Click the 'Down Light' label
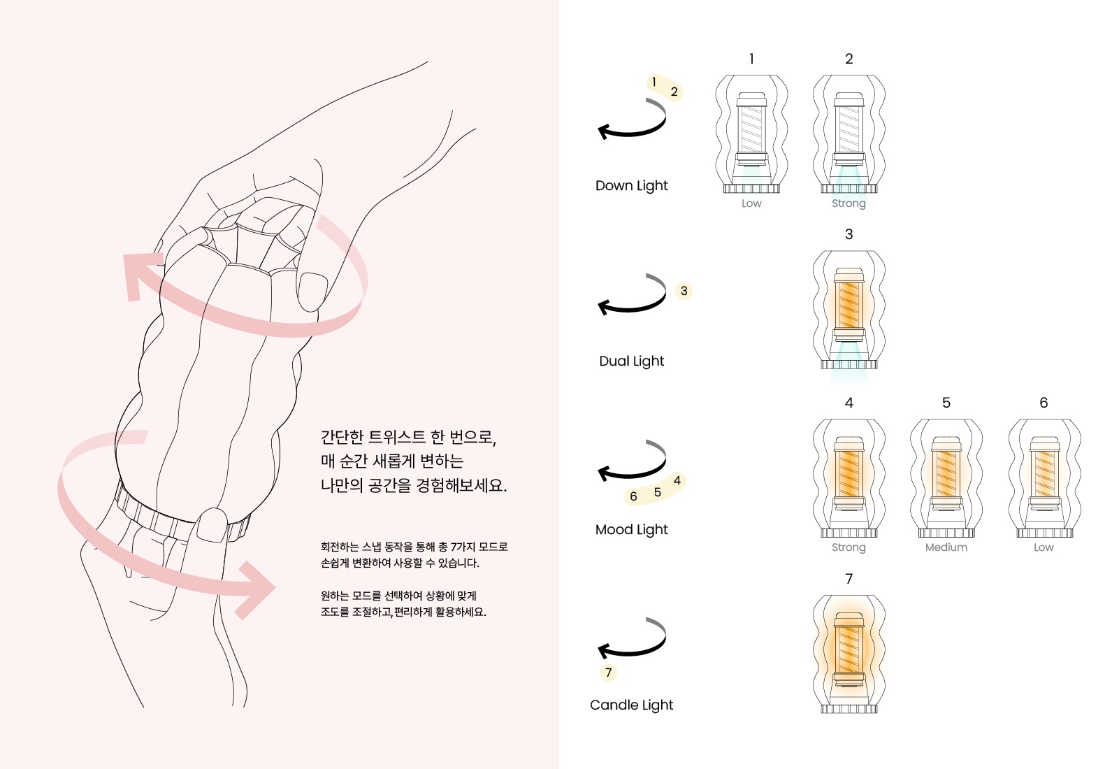(x=631, y=186)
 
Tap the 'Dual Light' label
(x=631, y=361)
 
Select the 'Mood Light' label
(x=631, y=530)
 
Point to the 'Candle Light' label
(x=631, y=705)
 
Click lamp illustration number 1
(x=751, y=134)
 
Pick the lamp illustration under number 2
(x=849, y=134)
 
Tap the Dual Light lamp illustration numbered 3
(x=849, y=310)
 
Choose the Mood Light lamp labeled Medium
(x=946, y=478)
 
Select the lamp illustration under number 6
(x=1044, y=478)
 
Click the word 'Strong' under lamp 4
(x=849, y=547)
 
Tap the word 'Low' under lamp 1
(x=751, y=203)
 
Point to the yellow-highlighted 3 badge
(x=684, y=291)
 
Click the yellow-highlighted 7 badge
(x=608, y=673)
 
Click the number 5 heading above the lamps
(x=946, y=403)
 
